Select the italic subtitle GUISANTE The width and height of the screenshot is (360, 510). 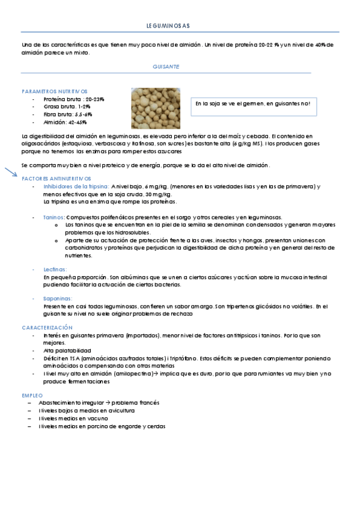pyautogui.click(x=166, y=67)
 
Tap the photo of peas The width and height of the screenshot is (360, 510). pyautogui.click(x=155, y=108)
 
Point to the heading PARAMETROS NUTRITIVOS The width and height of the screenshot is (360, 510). pyautogui.click(x=55, y=91)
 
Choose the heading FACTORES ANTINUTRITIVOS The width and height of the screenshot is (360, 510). pyautogui.click(x=56, y=179)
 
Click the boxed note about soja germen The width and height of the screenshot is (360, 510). pyautogui.click(x=253, y=104)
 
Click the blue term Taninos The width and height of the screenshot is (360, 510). pyautogui.click(x=54, y=217)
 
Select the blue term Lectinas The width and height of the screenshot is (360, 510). pyautogui.click(x=55, y=269)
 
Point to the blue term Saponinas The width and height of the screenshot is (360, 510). pyautogui.click(x=58, y=298)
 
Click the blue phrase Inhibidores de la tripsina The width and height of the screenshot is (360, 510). pyautogui.click(x=76, y=186)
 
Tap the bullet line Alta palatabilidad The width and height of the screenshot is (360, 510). pyautogui.click(x=67, y=350)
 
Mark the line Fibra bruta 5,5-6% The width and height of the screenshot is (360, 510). pyautogui.click(x=68, y=114)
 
